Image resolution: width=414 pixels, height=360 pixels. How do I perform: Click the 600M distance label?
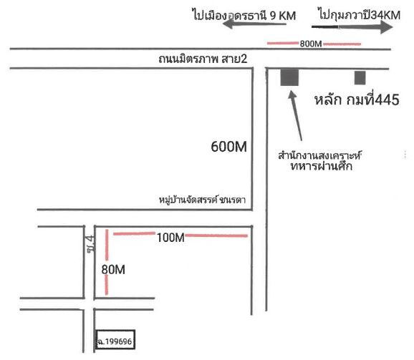tap(228, 147)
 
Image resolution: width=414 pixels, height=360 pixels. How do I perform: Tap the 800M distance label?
tap(311, 44)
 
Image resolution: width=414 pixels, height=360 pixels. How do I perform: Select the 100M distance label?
tap(170, 238)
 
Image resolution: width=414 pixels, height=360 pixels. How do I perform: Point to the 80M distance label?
tap(113, 270)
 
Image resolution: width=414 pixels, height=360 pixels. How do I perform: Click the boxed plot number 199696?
tap(115, 341)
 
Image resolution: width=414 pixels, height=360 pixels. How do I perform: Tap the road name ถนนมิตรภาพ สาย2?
tap(203, 59)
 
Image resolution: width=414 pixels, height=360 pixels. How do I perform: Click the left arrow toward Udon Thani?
tap(254, 24)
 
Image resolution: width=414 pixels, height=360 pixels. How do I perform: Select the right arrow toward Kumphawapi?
tap(352, 27)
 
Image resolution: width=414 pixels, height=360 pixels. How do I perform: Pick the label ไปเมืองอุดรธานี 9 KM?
tap(244, 15)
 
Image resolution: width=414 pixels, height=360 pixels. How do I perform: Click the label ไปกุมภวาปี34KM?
tap(360, 15)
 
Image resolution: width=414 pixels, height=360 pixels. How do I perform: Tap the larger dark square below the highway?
tap(289, 77)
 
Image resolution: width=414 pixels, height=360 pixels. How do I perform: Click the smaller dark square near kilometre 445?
tap(360, 78)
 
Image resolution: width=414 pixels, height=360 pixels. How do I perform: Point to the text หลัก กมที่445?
tap(357, 99)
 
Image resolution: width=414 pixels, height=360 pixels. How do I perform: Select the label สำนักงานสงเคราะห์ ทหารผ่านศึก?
tap(320, 160)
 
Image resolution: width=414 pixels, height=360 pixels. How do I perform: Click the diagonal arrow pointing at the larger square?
tap(295, 115)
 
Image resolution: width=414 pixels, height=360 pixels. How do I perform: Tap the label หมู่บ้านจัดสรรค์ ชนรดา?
tap(202, 200)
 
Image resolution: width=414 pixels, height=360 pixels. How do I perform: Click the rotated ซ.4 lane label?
tap(90, 244)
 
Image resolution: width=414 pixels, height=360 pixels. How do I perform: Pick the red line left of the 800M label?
tap(283, 43)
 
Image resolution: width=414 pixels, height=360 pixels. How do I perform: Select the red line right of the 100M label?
tap(216, 235)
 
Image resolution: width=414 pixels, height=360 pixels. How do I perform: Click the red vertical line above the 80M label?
tap(107, 245)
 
